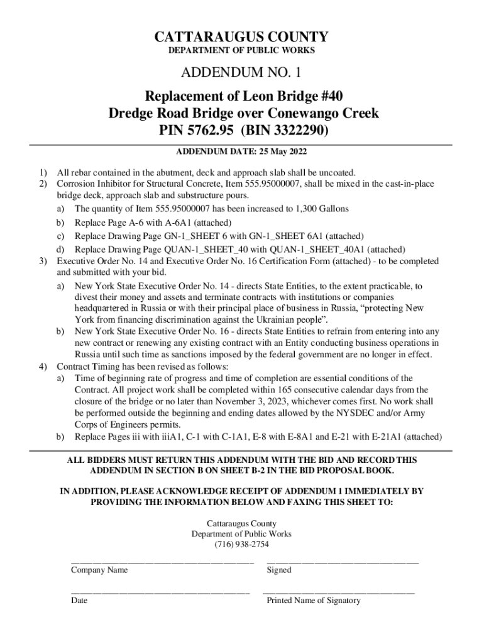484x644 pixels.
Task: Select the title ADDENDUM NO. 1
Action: tap(241, 75)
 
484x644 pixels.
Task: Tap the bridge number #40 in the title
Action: tap(327, 96)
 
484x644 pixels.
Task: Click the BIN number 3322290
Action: tap(300, 132)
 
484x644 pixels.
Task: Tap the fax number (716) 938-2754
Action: tap(241, 544)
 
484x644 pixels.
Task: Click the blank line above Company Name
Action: tap(162, 561)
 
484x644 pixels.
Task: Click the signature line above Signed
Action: tap(343, 561)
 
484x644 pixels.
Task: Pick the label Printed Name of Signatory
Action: tap(314, 601)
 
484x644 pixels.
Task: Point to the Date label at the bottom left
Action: tap(79, 601)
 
